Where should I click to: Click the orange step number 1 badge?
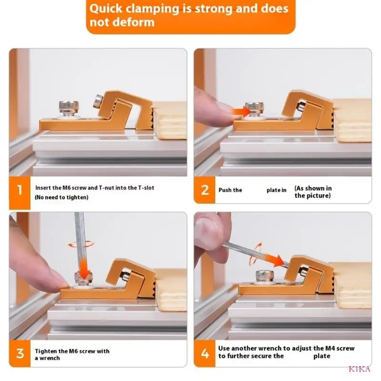(x=20, y=192)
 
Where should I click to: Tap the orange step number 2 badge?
(x=205, y=190)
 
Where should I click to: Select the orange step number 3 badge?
(x=20, y=353)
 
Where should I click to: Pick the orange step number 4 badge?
(x=205, y=353)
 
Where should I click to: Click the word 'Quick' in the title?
(x=106, y=9)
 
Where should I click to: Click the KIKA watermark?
(x=360, y=369)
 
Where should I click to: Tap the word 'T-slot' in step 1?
(x=146, y=188)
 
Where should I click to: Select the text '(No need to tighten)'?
(x=61, y=197)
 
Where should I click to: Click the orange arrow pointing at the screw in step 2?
(x=241, y=112)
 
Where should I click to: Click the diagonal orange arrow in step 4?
(x=275, y=260)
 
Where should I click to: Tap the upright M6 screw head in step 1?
(x=69, y=106)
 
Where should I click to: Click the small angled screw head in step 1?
(x=98, y=101)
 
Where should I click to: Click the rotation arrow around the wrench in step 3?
(x=80, y=244)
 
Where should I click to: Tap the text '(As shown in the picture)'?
(x=313, y=192)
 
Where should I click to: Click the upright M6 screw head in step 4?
(x=265, y=275)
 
